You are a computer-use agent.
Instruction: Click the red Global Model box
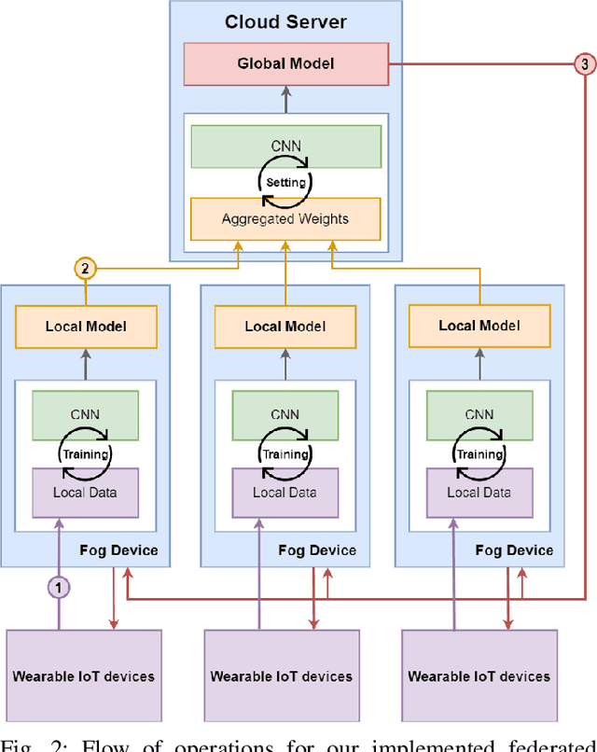[285, 63]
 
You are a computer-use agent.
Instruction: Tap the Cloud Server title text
[285, 21]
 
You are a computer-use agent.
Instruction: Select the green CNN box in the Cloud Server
[285, 146]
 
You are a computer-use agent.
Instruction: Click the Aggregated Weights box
[285, 218]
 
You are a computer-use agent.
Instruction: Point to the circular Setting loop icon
[285, 183]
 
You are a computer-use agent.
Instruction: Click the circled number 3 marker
[585, 64]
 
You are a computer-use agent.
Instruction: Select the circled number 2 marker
[86, 270]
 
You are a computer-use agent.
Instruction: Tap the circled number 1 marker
[59, 587]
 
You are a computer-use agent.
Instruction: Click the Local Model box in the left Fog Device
[86, 327]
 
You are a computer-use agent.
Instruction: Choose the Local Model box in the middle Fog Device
[285, 327]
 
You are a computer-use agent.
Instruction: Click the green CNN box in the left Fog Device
[86, 414]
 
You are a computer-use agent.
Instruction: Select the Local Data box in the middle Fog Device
[285, 493]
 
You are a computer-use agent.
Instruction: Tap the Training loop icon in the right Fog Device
[479, 453]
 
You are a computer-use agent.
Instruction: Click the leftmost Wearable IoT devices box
[84, 675]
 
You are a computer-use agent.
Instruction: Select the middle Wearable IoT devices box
[282, 675]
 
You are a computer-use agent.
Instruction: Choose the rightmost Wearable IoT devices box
[479, 675]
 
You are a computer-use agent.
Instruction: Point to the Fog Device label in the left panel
[121, 550]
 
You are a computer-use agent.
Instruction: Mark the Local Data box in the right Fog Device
[479, 493]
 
